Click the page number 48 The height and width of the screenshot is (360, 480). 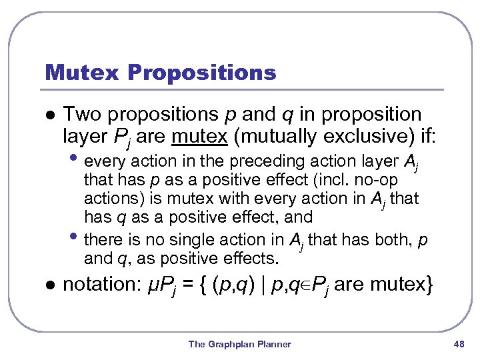coord(458,344)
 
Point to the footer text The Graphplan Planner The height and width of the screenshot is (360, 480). coord(239,344)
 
